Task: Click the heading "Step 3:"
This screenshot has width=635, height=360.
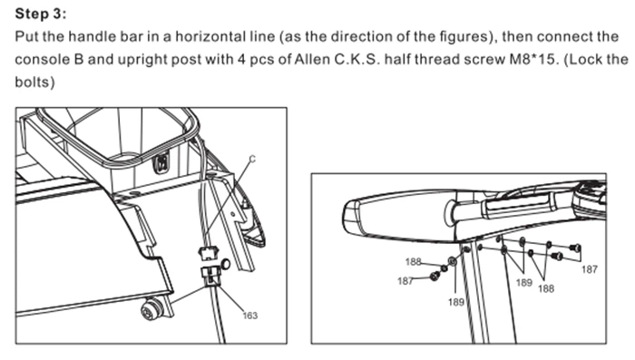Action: click(x=41, y=14)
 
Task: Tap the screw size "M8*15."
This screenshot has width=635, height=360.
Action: click(x=533, y=59)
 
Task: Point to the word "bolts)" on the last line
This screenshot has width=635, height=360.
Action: click(x=34, y=82)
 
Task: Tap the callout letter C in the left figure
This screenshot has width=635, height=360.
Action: click(x=252, y=160)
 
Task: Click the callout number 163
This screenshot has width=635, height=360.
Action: click(x=249, y=315)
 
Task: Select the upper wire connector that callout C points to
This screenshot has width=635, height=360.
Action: click(x=208, y=253)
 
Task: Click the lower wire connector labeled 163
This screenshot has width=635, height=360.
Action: click(x=211, y=277)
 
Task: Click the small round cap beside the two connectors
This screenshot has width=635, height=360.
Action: click(x=226, y=265)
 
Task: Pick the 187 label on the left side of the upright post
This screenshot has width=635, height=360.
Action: click(x=405, y=280)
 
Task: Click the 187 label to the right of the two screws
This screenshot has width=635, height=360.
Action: click(x=590, y=269)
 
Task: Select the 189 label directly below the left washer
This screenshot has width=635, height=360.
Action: click(x=456, y=302)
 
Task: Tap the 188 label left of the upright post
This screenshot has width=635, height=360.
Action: click(x=413, y=261)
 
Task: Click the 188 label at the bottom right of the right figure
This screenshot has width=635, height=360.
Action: click(x=546, y=288)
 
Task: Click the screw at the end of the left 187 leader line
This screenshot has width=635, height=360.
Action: click(x=435, y=277)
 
